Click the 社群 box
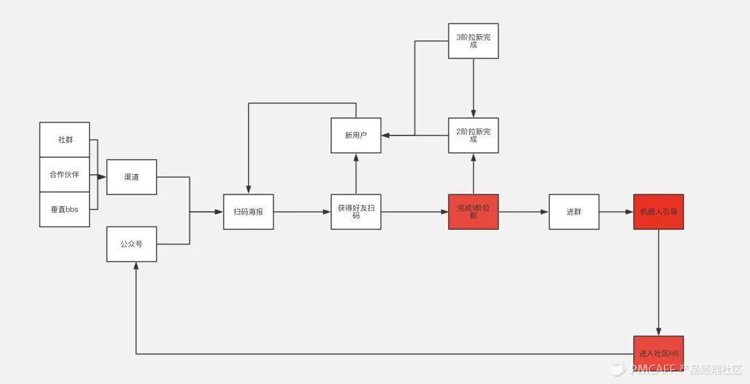point(65,140)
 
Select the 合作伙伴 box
point(65,174)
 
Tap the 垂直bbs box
point(65,209)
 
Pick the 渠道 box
point(131,177)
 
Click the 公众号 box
point(131,244)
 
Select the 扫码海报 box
point(249,212)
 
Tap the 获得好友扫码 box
point(356,212)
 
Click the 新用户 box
point(356,135)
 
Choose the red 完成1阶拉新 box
point(473,212)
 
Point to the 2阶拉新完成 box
point(473,135)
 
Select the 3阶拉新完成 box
point(473,41)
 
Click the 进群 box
point(574,212)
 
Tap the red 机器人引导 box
point(658,212)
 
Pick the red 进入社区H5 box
point(658,353)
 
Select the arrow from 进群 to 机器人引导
point(616,212)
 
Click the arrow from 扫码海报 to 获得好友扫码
point(302,212)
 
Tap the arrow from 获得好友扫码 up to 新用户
point(356,174)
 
